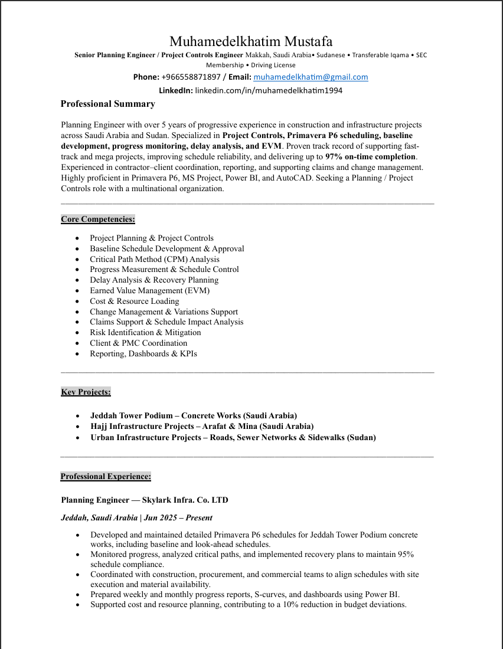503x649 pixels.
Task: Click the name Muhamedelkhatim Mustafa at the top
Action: click(251, 41)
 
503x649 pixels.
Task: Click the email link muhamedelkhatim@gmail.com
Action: click(311, 77)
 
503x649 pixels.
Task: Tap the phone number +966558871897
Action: click(191, 77)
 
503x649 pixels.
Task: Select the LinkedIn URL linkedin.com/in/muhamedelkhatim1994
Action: click(269, 90)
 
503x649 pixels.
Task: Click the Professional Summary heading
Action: click(108, 104)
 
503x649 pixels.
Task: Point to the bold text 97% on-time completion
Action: click(371, 157)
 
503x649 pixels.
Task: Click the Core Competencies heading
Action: click(98, 219)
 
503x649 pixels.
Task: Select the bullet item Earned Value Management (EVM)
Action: click(149, 290)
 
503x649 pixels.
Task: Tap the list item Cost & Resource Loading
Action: click(134, 301)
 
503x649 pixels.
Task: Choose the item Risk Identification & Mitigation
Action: click(145, 332)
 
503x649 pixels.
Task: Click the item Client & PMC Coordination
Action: click(138, 343)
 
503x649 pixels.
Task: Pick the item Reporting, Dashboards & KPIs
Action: click(143, 353)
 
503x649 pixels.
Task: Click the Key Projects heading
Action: click(86, 392)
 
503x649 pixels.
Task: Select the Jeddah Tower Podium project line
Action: click(194, 415)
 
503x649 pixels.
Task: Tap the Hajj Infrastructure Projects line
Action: click(202, 426)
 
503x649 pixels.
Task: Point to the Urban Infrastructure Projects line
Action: click(233, 437)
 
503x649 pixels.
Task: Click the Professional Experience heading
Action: click(106, 476)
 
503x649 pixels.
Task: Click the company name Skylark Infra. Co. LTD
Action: click(185, 500)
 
